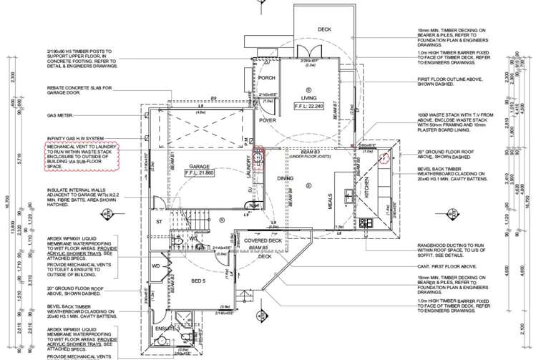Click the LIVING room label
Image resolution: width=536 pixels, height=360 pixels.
[309, 97]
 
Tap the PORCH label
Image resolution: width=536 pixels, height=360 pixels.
[267, 78]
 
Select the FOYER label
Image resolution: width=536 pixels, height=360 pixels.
[268, 121]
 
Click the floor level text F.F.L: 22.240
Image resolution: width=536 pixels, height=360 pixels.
[309, 106]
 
